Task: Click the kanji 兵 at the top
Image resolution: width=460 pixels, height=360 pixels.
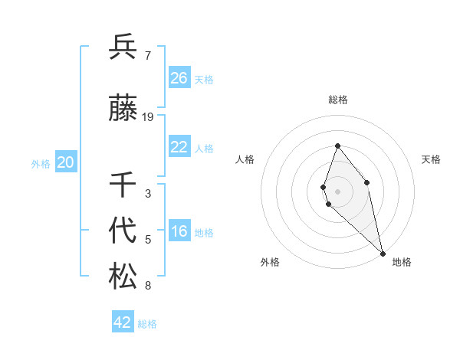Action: (x=123, y=47)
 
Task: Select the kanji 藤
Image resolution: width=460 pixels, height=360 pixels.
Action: (x=123, y=109)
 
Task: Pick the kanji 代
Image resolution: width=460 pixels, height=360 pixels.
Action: (x=123, y=231)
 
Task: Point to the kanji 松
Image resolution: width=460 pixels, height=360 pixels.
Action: (x=123, y=276)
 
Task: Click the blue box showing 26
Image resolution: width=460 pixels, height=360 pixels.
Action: (x=179, y=78)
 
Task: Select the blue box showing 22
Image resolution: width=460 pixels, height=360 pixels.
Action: (x=179, y=147)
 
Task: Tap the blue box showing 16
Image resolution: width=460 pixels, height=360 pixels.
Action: (x=179, y=232)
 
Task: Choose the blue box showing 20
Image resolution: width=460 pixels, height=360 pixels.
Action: (x=66, y=162)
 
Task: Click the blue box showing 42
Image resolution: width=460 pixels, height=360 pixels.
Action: (x=123, y=322)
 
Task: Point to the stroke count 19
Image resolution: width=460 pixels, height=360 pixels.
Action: (x=148, y=117)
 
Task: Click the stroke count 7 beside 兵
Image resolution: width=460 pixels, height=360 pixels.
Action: (x=147, y=56)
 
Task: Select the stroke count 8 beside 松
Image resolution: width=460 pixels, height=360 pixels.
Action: (x=147, y=286)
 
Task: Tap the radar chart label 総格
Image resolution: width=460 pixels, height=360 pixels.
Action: (x=338, y=100)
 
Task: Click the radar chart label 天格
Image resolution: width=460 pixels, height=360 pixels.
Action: (x=432, y=159)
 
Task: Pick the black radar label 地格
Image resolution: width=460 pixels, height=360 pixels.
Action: (x=402, y=263)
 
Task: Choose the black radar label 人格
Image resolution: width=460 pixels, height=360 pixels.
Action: (x=245, y=159)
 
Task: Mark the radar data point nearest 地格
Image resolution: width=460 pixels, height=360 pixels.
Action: (x=383, y=253)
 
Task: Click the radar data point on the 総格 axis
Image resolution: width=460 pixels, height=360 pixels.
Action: (x=337, y=146)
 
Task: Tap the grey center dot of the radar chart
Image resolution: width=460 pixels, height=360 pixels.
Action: (x=337, y=191)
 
